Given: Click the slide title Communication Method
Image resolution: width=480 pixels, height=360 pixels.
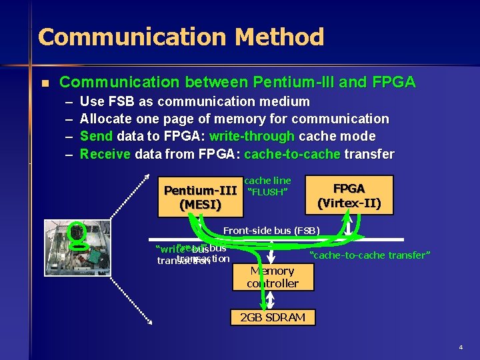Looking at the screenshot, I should pyautogui.click(x=181, y=37).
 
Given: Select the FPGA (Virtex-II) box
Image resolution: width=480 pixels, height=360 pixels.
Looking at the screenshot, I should pyautogui.click(x=349, y=195).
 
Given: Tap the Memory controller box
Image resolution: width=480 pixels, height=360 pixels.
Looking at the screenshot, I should pyautogui.click(x=272, y=277).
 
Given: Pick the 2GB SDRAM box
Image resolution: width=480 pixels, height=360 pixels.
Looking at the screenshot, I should pyautogui.click(x=272, y=317).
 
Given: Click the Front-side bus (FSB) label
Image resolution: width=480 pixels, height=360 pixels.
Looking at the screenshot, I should pyautogui.click(x=271, y=231).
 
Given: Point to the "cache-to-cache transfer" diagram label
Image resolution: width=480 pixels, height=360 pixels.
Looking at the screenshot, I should pyautogui.click(x=371, y=255).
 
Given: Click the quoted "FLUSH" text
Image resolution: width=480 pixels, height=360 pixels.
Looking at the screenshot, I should pyautogui.click(x=267, y=193).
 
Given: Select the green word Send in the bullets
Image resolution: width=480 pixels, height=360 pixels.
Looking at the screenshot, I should pyautogui.click(x=96, y=137).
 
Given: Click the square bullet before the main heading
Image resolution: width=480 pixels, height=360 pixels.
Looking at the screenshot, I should pyautogui.click(x=45, y=83).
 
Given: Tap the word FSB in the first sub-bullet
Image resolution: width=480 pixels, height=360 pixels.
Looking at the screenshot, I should pyautogui.click(x=122, y=102).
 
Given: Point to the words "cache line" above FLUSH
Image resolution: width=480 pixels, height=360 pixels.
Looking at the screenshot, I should pyautogui.click(x=267, y=181).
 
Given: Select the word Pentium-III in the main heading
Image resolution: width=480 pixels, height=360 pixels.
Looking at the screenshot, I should pyautogui.click(x=293, y=83).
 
